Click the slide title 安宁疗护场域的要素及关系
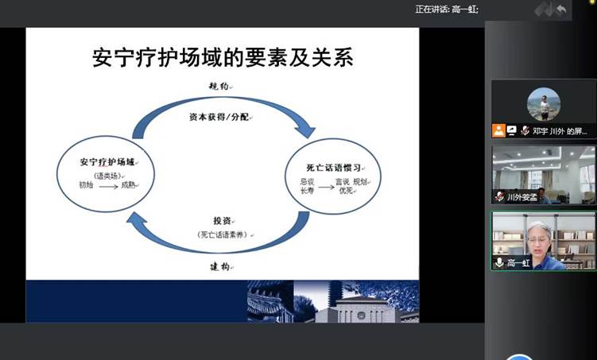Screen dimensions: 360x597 coord(223,57)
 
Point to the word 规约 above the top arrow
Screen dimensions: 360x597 coord(220,87)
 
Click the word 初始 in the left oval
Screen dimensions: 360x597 coord(86,185)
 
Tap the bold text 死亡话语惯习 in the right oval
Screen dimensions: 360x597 coord(334,168)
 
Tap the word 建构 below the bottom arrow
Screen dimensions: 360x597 coord(221,266)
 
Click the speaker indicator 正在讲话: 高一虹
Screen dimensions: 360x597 coord(446,10)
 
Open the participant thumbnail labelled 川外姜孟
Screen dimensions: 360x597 coord(543,174)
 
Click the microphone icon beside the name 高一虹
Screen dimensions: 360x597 coord(499,263)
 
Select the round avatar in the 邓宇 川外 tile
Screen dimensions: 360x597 coord(544,104)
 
